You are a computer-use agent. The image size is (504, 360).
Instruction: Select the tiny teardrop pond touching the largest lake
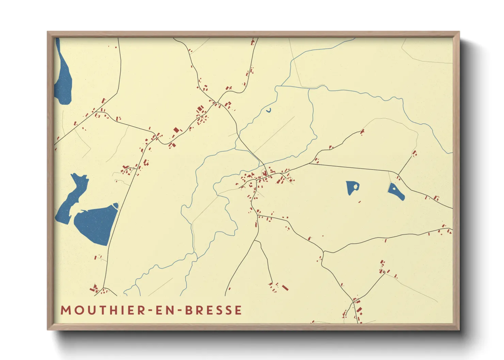pos(115,205)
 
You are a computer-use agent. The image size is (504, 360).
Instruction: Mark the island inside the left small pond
pos(355,186)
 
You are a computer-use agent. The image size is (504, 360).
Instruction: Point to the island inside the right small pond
pos(394,187)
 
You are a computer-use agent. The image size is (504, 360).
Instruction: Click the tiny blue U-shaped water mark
pos(269,110)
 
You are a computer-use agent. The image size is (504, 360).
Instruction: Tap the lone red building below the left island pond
pos(360,202)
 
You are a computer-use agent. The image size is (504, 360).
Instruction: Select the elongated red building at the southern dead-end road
pos(285,288)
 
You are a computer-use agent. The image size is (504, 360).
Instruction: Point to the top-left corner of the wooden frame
pos(48,32)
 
